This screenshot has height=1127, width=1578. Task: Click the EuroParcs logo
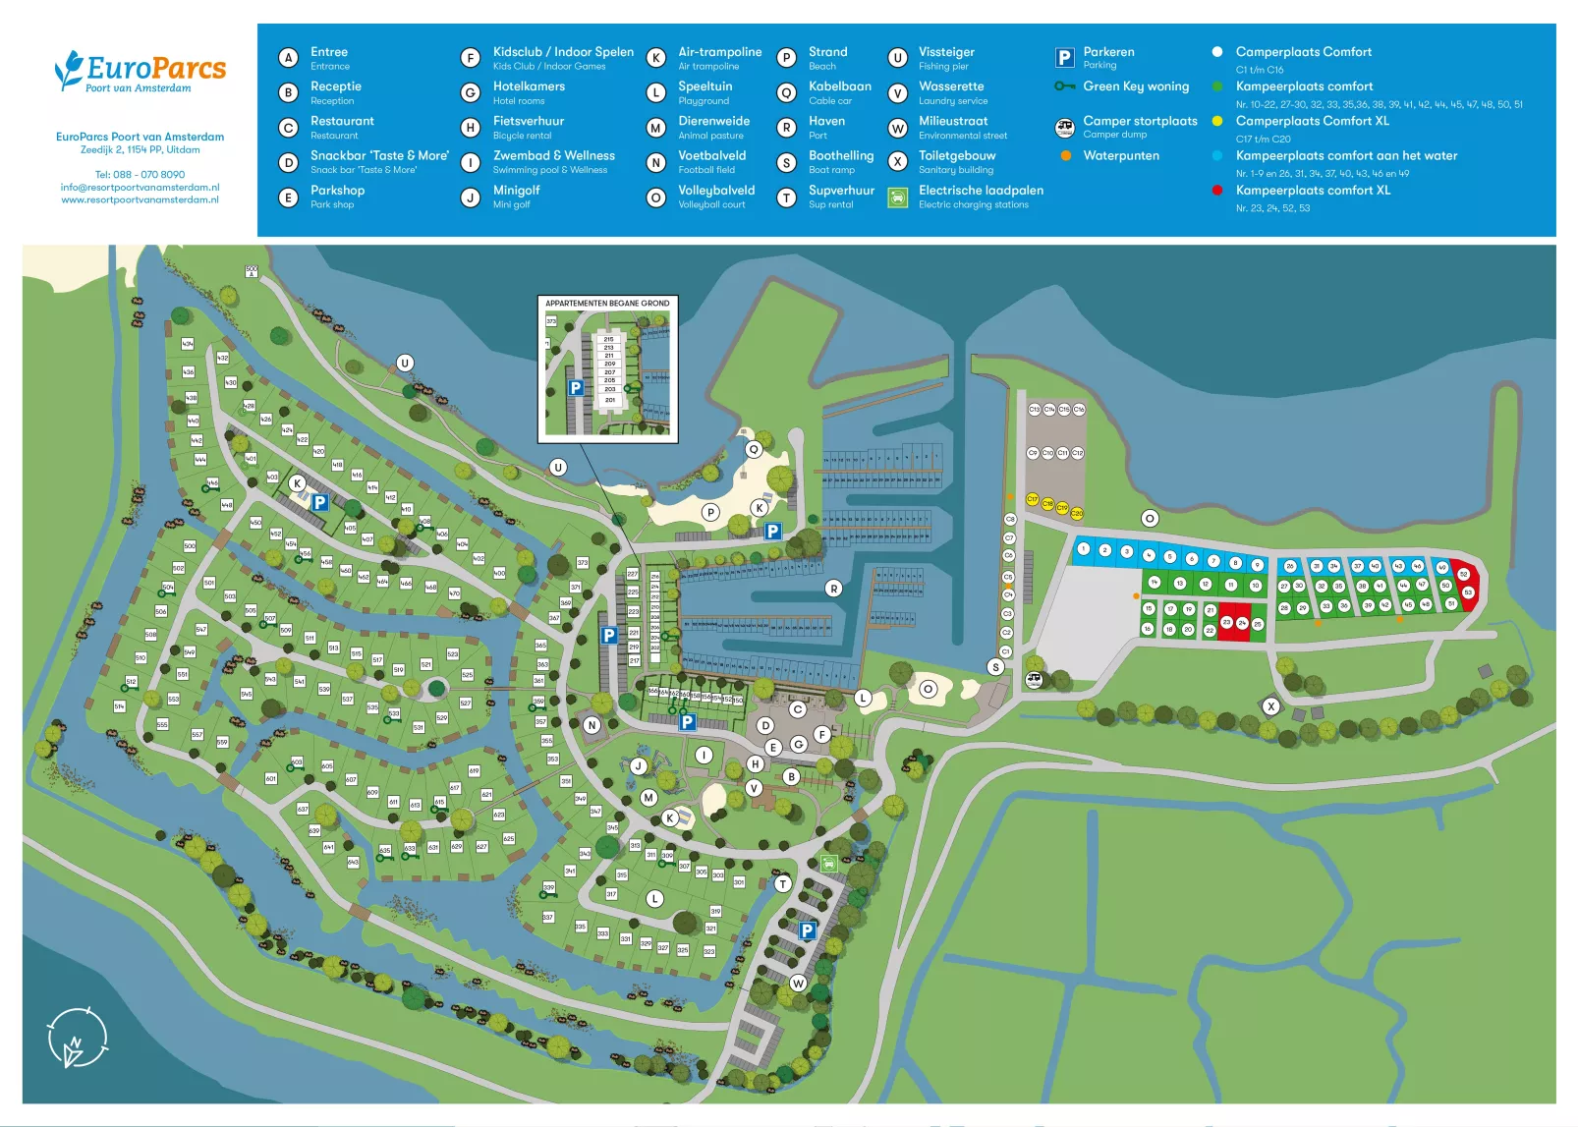(140, 72)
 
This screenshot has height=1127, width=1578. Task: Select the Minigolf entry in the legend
(516, 191)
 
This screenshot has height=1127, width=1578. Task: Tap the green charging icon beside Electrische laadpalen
(897, 197)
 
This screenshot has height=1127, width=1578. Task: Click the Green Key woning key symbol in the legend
(1064, 86)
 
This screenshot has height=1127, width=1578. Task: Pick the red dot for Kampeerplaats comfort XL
(1216, 191)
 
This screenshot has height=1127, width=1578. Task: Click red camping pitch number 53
(1468, 592)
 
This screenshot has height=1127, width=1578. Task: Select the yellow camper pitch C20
(1076, 513)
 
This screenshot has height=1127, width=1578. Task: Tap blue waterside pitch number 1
(1083, 549)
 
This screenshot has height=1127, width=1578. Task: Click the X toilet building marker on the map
(1270, 706)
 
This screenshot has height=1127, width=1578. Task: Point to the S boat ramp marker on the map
(995, 667)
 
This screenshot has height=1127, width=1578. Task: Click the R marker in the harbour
(833, 589)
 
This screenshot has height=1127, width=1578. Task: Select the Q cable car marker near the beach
(754, 449)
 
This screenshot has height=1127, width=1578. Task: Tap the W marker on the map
(798, 983)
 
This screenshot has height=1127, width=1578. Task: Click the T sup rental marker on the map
(783, 884)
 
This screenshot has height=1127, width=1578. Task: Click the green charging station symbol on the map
(828, 864)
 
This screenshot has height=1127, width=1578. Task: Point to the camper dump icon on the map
(1034, 680)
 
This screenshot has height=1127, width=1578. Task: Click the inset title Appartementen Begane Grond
(607, 304)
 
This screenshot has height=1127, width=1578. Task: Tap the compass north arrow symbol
(77, 1039)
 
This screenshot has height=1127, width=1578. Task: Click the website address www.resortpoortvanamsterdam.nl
(140, 199)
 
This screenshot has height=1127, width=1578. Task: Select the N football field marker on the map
(592, 725)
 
